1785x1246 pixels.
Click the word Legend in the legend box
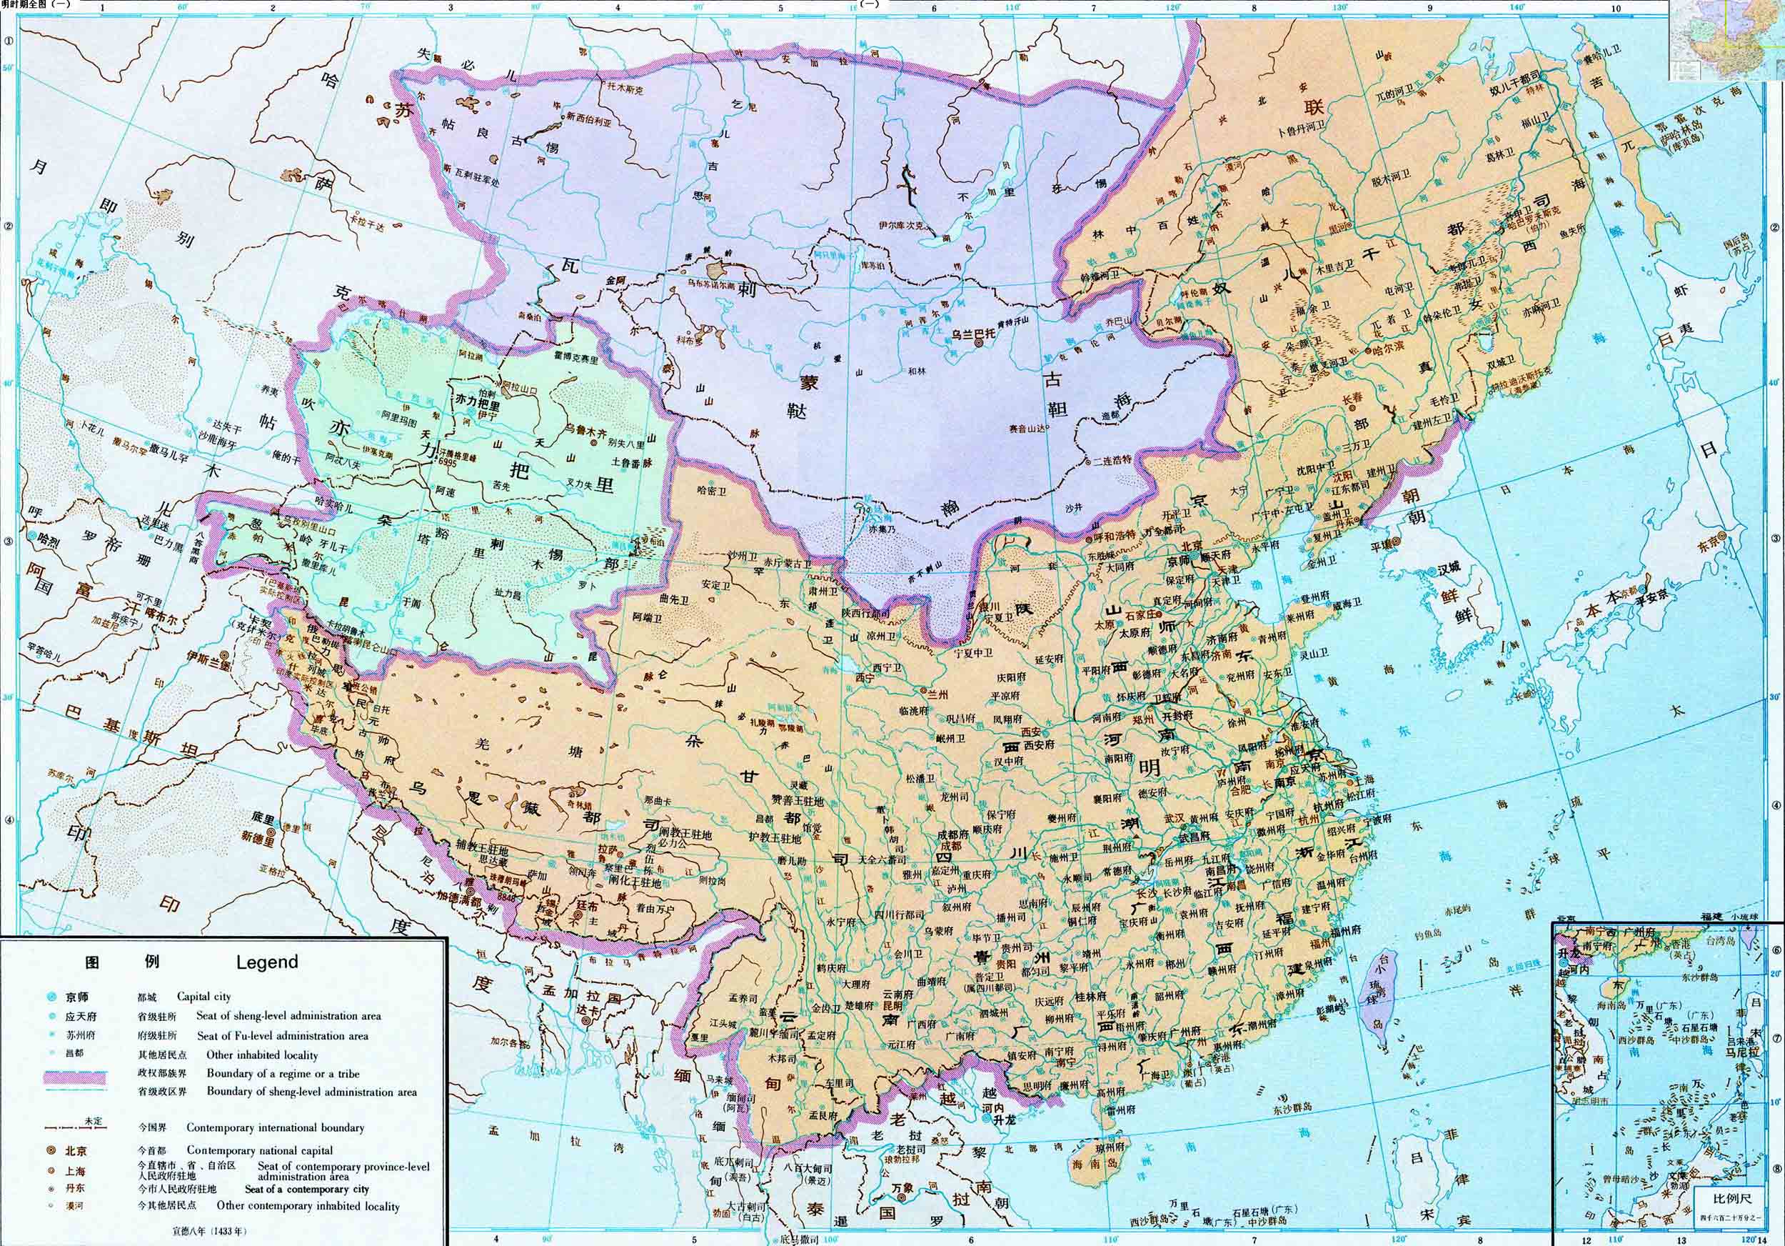pos(266,962)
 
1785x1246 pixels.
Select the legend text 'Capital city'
pos(203,997)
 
